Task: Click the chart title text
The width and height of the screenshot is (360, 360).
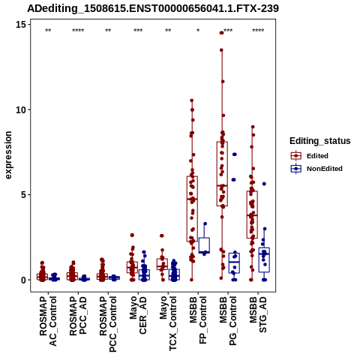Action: pos(153,9)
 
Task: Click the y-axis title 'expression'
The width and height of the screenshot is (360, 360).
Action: pos(8,155)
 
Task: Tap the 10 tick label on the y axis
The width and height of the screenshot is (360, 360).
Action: pos(22,109)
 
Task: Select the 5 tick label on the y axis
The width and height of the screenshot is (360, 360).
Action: pos(25,195)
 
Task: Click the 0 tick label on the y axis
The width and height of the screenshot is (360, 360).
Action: pos(25,280)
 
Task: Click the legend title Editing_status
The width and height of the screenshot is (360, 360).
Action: pos(320,141)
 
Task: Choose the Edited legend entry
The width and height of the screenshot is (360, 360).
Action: pos(310,156)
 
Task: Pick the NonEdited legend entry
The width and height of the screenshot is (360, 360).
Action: pos(316,169)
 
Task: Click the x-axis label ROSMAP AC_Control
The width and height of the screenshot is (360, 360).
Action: pos(48,321)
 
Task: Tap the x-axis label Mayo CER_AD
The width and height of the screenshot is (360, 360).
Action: pos(138,315)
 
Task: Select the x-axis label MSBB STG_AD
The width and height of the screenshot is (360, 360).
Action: pos(258,314)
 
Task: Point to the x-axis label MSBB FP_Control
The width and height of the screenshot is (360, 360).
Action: pos(198,320)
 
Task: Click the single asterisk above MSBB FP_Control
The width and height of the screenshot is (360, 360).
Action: pos(198,31)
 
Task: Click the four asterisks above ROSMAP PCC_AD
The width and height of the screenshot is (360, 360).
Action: pos(78,31)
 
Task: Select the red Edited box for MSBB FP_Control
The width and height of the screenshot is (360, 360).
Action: pos(192,208)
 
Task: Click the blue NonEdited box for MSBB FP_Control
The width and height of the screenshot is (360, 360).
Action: pos(204,245)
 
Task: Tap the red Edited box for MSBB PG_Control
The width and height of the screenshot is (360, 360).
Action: pos(222,174)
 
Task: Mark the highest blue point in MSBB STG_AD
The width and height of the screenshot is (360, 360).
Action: pos(264,184)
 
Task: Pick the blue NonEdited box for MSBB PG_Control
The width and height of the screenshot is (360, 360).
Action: pos(234,263)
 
